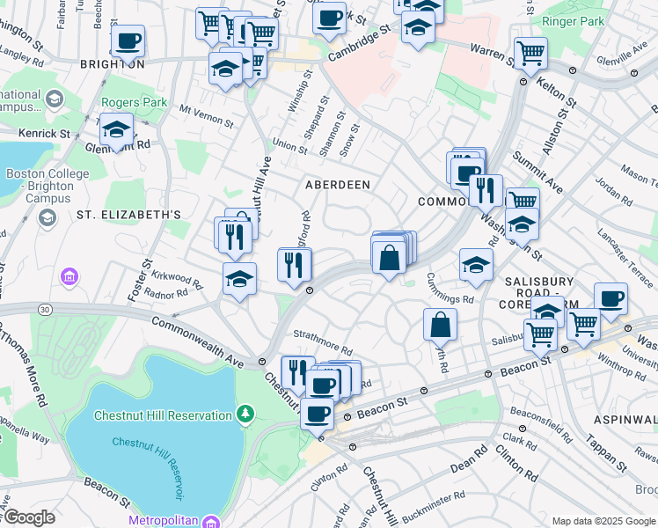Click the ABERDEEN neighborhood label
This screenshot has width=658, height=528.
[x=337, y=185]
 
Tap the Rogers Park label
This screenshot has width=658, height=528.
[x=134, y=103]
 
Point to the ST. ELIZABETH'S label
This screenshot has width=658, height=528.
[x=128, y=214]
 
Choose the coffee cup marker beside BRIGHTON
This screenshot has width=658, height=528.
[x=128, y=40]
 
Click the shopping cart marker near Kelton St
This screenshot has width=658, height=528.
[x=530, y=54]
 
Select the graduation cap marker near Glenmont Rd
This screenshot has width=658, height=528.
[x=116, y=130]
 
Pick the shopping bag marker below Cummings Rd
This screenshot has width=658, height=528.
[x=440, y=325]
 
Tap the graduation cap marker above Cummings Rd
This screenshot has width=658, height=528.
[x=476, y=265]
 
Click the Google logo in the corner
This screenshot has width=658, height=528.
[x=29, y=517]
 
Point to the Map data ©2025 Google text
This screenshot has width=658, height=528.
[x=603, y=521]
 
